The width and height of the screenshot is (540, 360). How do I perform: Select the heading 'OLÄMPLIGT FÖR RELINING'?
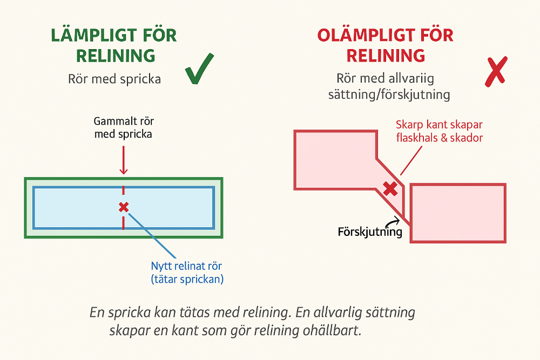pyautogui.click(x=385, y=45)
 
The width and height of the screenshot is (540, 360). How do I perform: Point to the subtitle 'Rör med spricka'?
pyautogui.click(x=114, y=79)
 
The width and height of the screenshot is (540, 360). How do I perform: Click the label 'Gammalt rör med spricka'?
pyautogui.click(x=123, y=127)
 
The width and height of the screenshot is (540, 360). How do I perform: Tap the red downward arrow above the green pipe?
pyautogui.click(x=124, y=160)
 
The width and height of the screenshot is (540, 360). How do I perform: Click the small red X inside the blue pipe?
pyautogui.click(x=124, y=207)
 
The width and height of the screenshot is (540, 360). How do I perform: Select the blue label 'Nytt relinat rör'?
pyautogui.click(x=186, y=266)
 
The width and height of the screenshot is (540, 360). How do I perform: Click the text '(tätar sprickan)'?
pyautogui.click(x=186, y=280)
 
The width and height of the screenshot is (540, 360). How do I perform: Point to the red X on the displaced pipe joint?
pyautogui.click(x=390, y=188)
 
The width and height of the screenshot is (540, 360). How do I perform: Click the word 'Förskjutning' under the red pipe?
pyautogui.click(x=370, y=233)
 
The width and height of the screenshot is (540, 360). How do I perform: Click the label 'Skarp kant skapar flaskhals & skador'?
pyautogui.click(x=439, y=131)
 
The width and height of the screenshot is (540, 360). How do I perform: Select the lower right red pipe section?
pyautogui.click(x=458, y=213)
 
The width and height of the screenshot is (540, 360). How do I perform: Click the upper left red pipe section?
pyautogui.click(x=335, y=159)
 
